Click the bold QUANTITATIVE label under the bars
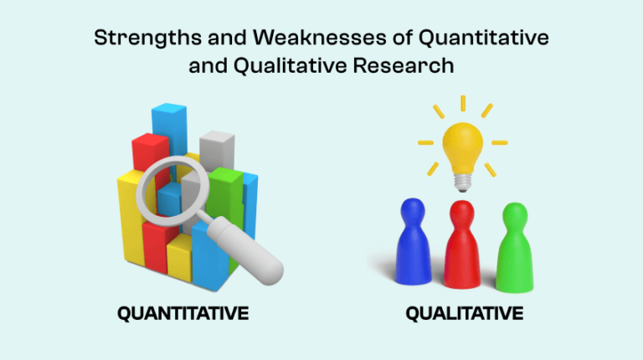[183, 315]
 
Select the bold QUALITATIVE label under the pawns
[464, 315]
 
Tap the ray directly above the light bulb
[462, 103]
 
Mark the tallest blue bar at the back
[170, 126]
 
